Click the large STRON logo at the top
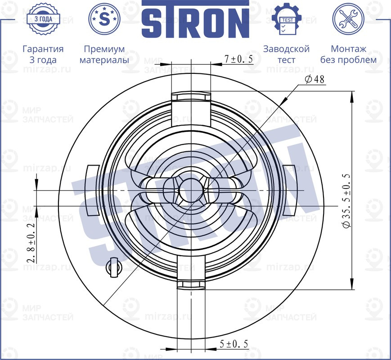[x=195, y=19]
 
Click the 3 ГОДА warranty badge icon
[x=43, y=19]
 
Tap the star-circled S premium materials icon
[x=104, y=19]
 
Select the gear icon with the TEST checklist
[x=286, y=19]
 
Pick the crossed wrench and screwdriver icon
[x=348, y=19]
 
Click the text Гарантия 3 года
[x=43, y=54]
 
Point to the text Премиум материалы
[x=104, y=54]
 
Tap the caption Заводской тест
[x=286, y=54]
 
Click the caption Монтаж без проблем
[x=348, y=54]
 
